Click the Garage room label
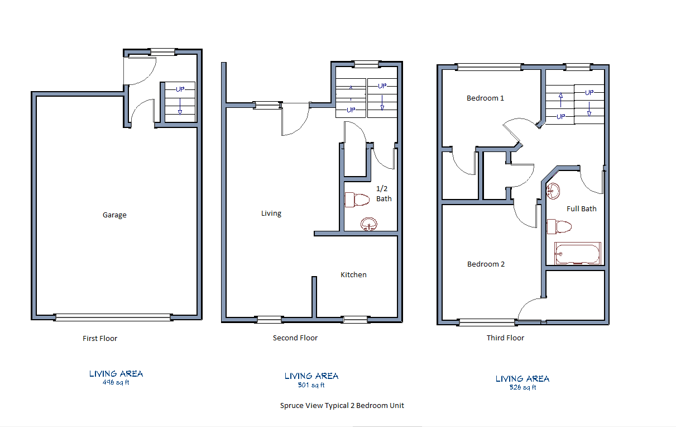[114, 215]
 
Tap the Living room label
[271, 214]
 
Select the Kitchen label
[353, 274]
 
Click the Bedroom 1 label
[485, 98]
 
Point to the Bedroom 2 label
[486, 264]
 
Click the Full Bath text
[581, 208]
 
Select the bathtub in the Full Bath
[577, 253]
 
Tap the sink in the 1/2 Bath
[368, 224]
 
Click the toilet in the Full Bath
[560, 226]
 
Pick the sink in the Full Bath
[553, 191]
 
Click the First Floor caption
[100, 338]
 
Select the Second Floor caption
[295, 338]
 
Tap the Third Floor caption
[505, 338]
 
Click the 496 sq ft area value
[116, 383]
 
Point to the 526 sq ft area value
[522, 387]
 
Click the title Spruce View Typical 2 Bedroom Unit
[342, 405]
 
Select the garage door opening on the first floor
[113, 317]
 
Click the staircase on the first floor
[180, 101]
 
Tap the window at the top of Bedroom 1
[488, 68]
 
